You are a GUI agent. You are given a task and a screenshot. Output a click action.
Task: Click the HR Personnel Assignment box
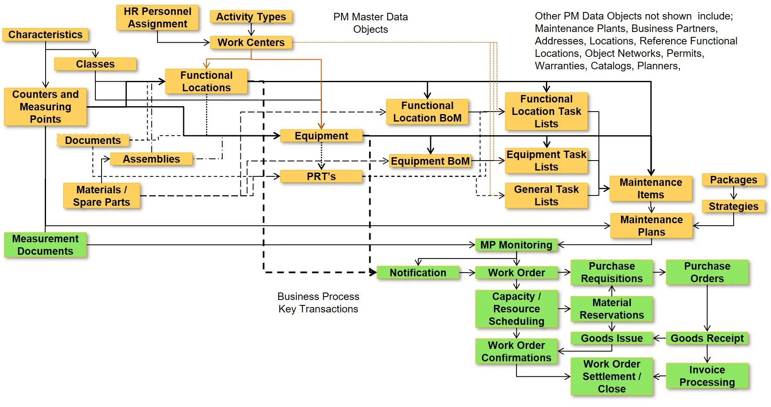tap(158, 17)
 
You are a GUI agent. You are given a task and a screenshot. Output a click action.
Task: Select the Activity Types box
tap(251, 17)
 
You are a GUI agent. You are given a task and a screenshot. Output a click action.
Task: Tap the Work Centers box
tap(251, 42)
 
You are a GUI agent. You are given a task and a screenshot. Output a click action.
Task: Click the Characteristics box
tap(45, 34)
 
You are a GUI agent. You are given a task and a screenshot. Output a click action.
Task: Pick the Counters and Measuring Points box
tap(45, 107)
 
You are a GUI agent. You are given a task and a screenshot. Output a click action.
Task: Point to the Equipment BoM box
tap(430, 161)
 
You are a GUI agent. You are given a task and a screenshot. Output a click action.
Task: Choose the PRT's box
tap(321, 176)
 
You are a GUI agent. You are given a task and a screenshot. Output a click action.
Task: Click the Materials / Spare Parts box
tap(102, 196)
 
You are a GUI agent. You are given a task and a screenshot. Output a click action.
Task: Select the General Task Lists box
tap(546, 195)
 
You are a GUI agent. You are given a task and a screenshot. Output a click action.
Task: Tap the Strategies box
tap(733, 206)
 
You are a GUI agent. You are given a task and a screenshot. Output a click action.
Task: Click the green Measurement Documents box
tap(45, 245)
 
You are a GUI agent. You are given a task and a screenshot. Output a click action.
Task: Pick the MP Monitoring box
tap(516, 245)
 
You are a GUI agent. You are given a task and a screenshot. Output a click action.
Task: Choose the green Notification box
tap(418, 273)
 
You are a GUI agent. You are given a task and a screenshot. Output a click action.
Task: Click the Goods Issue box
tap(611, 338)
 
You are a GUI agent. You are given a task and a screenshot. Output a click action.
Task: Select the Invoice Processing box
tap(707, 376)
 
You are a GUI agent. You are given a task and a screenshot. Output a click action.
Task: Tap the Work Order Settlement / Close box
tap(611, 376)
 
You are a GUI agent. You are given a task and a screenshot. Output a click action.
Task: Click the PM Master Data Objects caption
tap(370, 23)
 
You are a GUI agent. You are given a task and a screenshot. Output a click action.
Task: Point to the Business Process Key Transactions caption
tap(318, 302)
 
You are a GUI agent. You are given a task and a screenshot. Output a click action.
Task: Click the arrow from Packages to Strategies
tap(733, 193)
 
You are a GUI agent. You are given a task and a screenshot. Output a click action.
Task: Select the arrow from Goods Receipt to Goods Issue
tap(659, 339)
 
